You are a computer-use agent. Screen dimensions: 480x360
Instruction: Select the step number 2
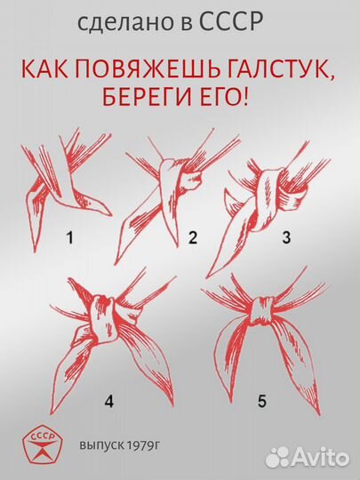(x=191, y=238)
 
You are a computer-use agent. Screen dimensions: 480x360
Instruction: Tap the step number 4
(x=109, y=400)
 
